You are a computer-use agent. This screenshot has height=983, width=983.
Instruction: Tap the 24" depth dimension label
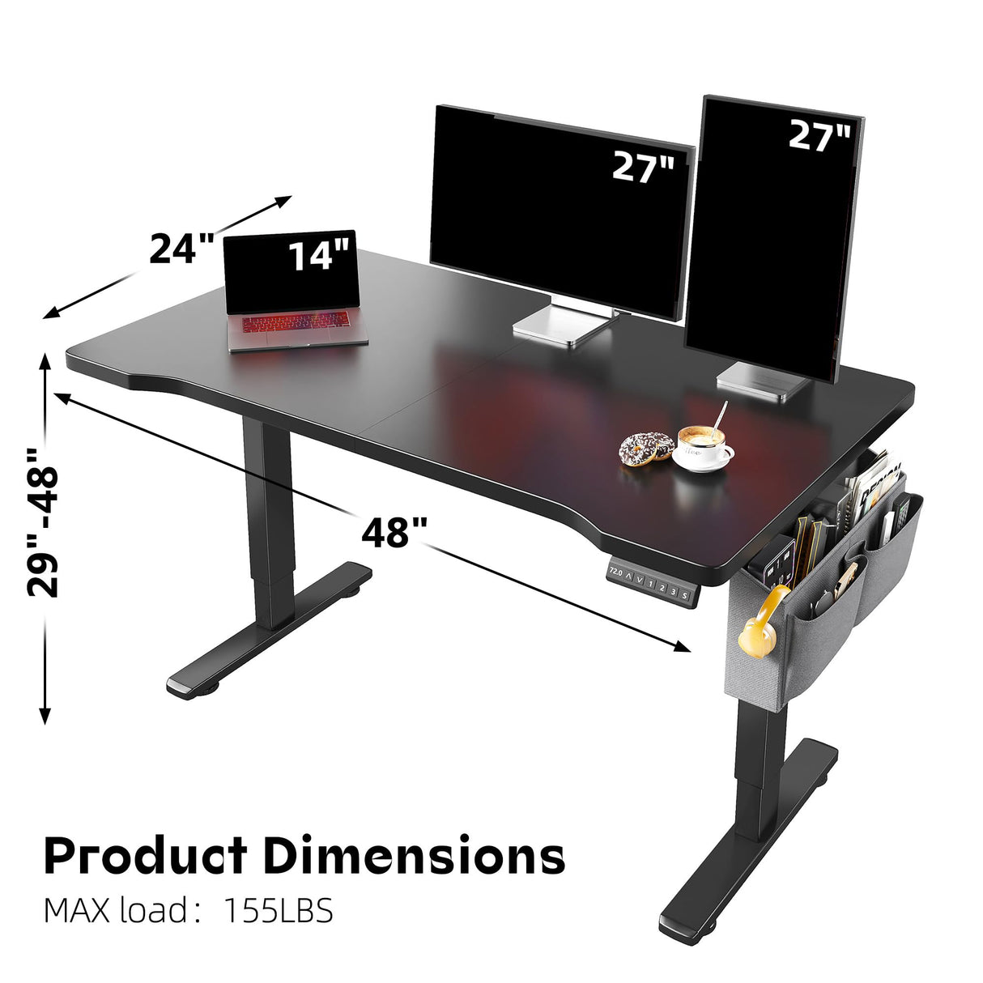(x=181, y=249)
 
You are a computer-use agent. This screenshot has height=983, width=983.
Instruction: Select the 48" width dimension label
(x=394, y=533)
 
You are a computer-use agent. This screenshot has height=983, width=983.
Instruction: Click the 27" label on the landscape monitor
(x=642, y=167)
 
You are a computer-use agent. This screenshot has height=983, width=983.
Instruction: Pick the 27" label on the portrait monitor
(x=819, y=136)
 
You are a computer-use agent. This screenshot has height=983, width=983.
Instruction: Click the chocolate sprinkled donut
(x=646, y=448)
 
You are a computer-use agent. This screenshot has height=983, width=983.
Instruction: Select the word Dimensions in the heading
(x=414, y=855)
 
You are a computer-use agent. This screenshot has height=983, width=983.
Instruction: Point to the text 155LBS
(x=278, y=911)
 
